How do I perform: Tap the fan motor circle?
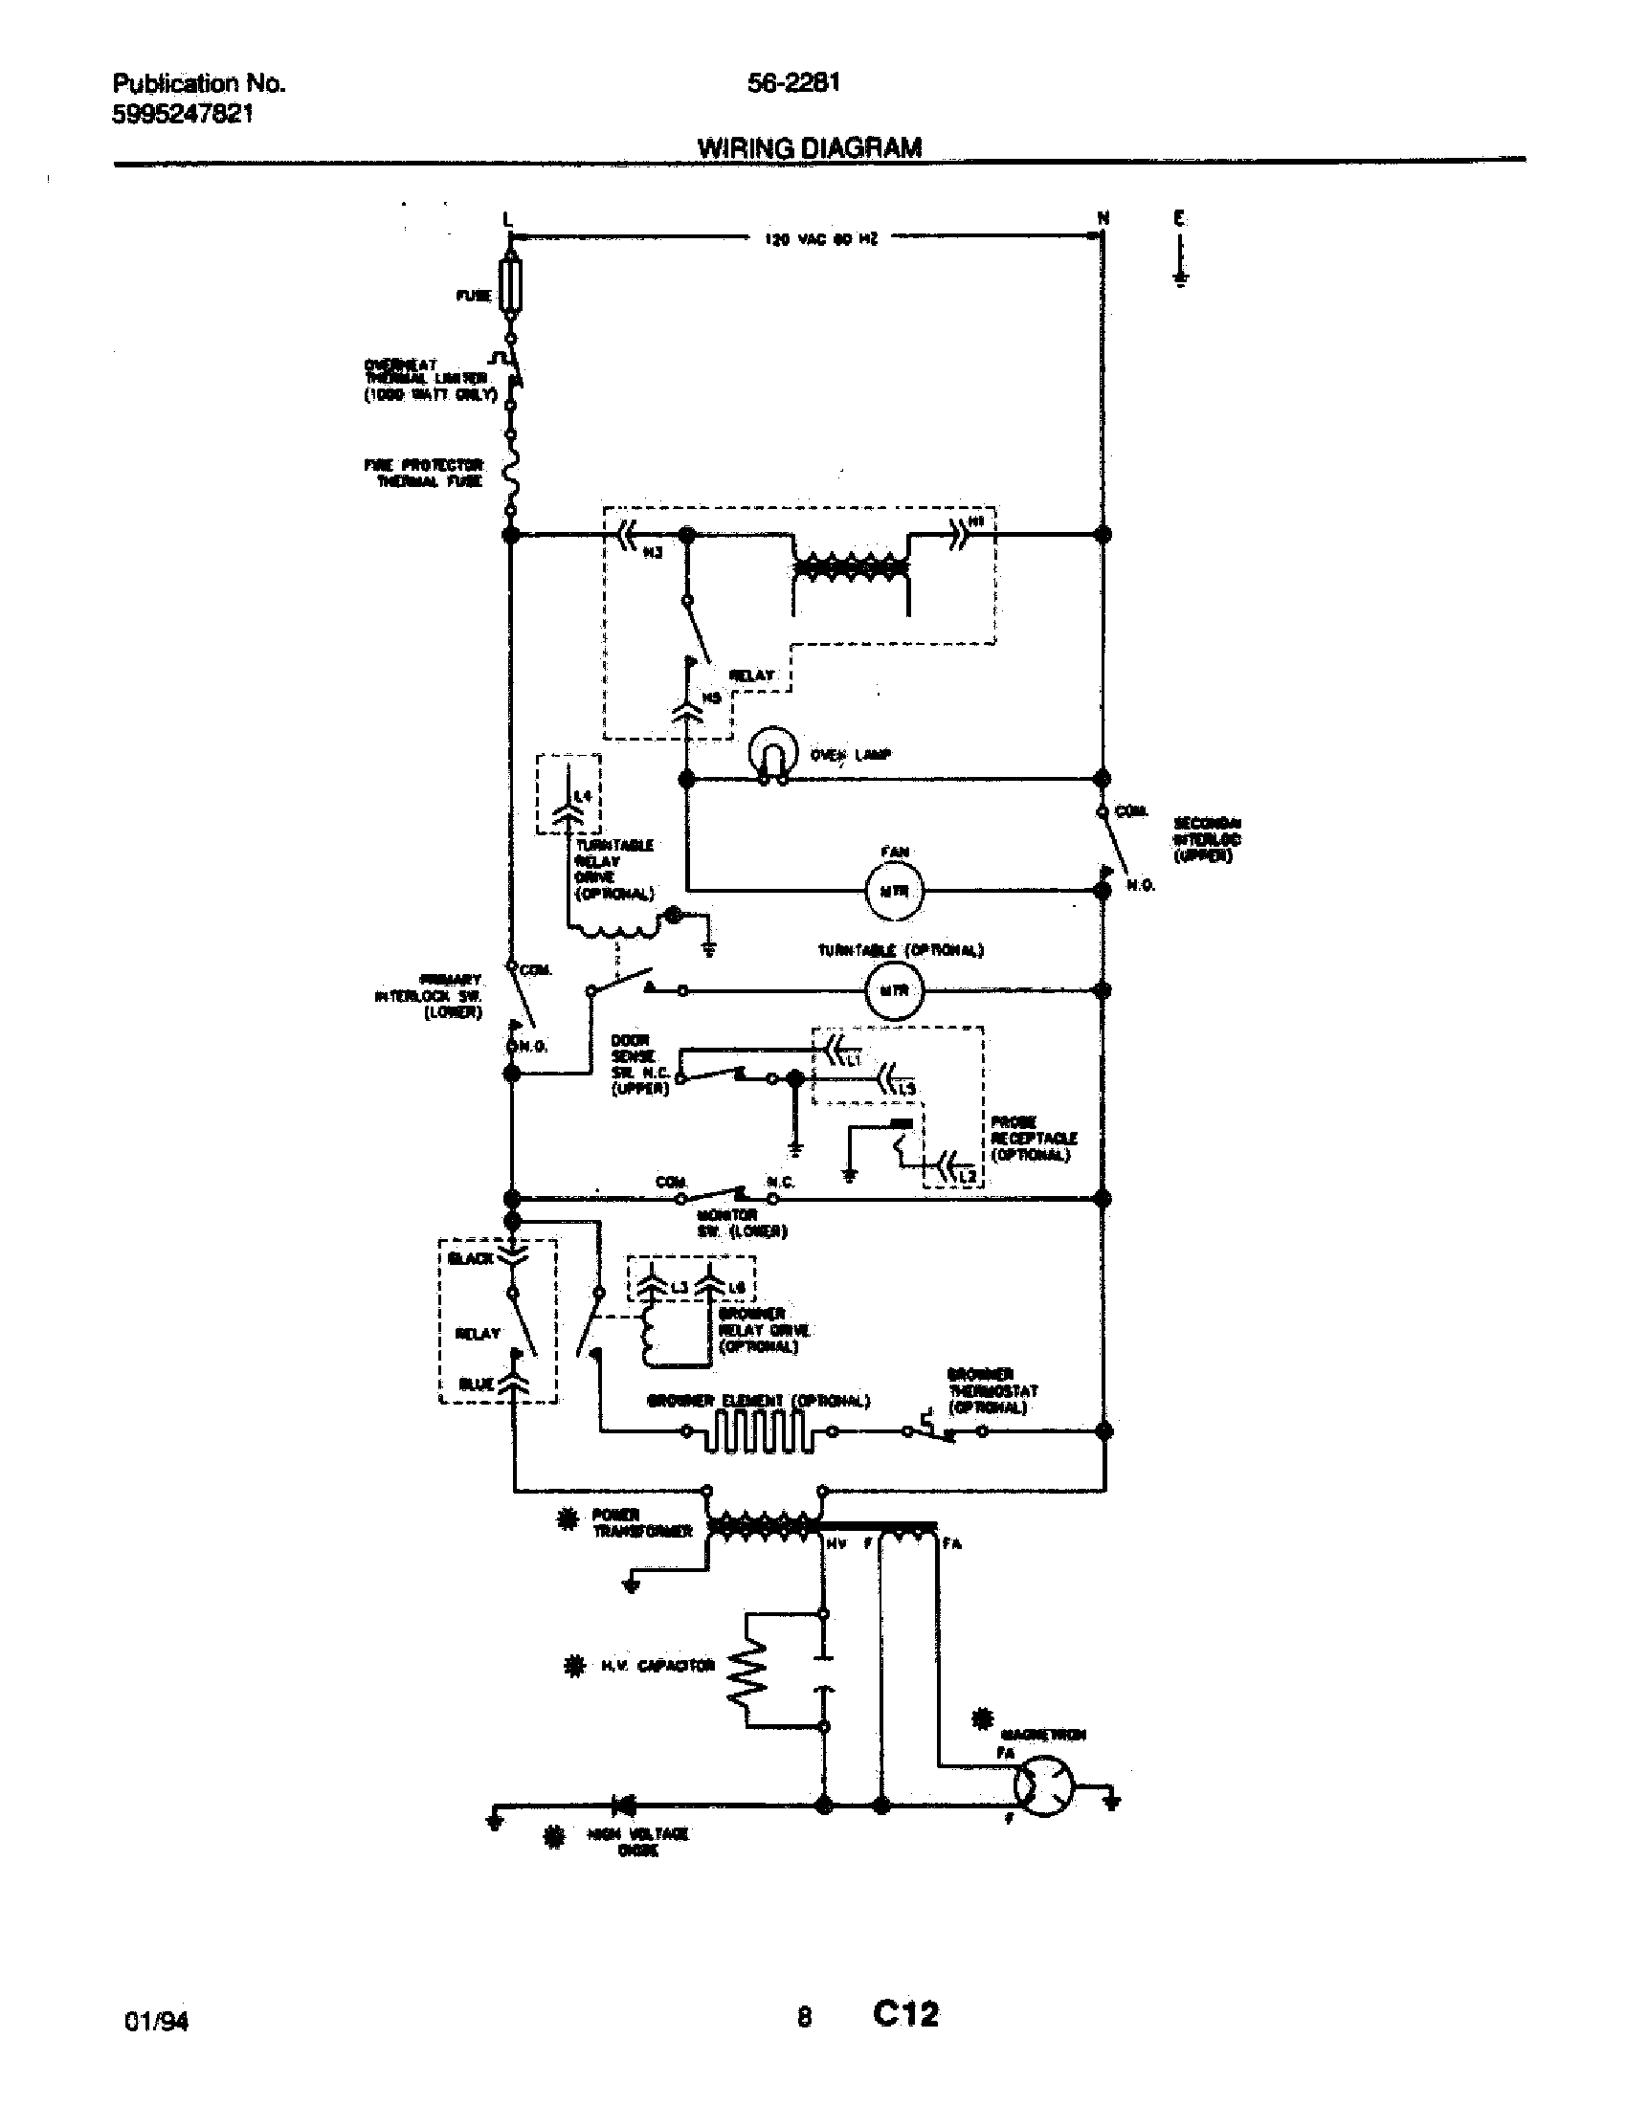894,891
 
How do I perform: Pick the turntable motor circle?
894,990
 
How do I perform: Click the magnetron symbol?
1043,1788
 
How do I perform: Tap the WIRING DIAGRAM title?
809,147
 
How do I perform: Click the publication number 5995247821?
183,114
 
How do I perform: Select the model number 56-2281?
793,83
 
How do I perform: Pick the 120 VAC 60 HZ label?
821,238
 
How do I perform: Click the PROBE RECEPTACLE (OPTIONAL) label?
1034,1139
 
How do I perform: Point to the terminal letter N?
1103,218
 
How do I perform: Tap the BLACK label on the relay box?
470,1259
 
